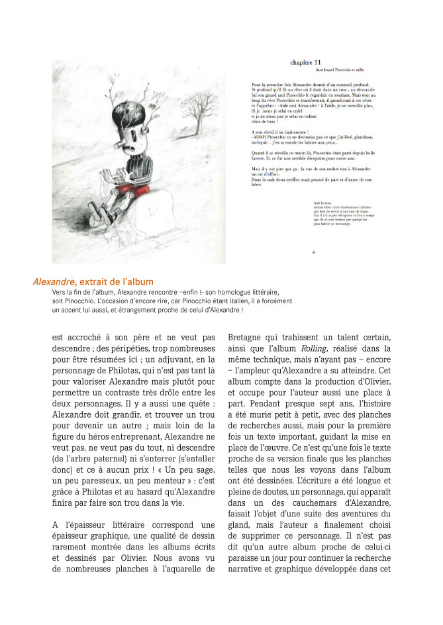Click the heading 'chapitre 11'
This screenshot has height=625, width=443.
coord(306,61)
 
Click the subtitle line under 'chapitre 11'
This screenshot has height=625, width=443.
coord(327,70)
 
